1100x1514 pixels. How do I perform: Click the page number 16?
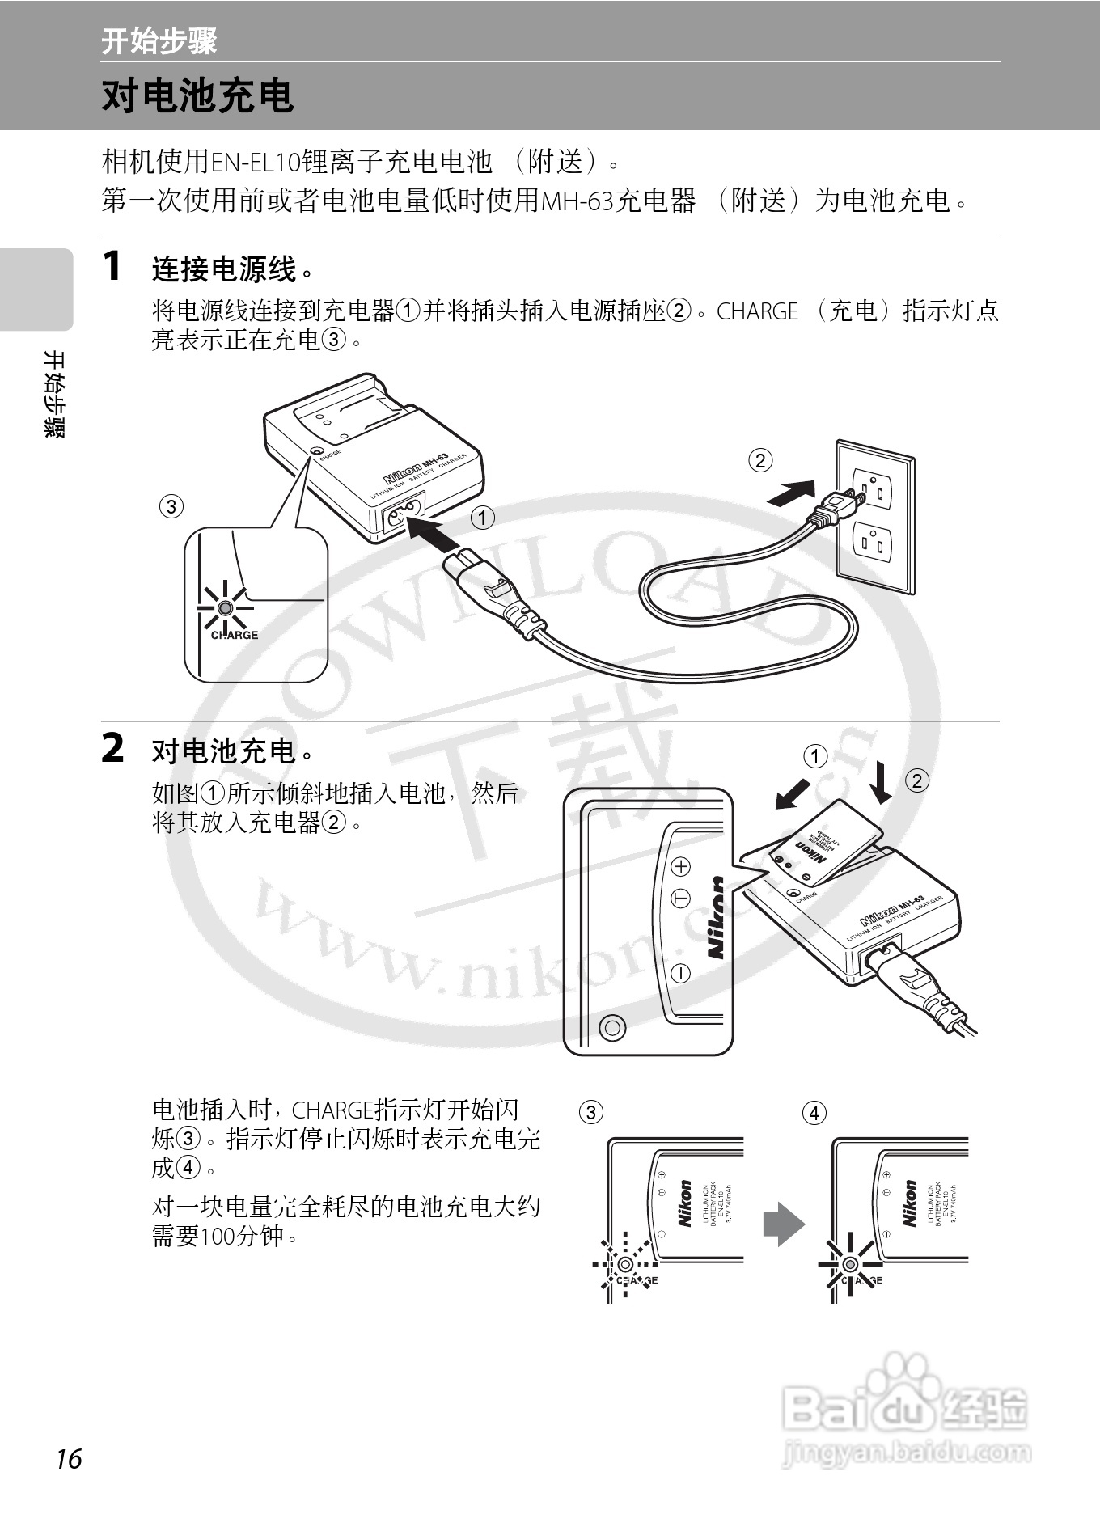pos(70,1459)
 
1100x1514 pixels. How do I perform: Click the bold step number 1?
pos(113,266)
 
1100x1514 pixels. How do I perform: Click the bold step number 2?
pos(113,748)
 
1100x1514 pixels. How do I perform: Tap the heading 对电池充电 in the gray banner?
pos(197,96)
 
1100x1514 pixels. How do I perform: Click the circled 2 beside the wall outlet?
pos(760,460)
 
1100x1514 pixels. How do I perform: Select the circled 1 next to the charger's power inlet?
pos(483,518)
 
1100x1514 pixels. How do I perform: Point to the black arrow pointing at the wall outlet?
pos(791,493)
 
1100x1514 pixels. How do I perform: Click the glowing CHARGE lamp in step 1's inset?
pos(225,607)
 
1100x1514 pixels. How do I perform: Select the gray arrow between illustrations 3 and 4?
pos(783,1224)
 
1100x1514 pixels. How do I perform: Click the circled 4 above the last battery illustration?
pos(814,1113)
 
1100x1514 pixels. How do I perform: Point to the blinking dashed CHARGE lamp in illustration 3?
pos(625,1264)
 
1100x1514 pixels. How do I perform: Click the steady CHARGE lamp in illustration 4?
pos(849,1264)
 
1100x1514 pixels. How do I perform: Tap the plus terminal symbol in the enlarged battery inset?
pos(682,866)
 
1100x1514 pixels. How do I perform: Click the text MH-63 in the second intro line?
pos(577,201)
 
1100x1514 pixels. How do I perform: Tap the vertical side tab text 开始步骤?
pos(54,394)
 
